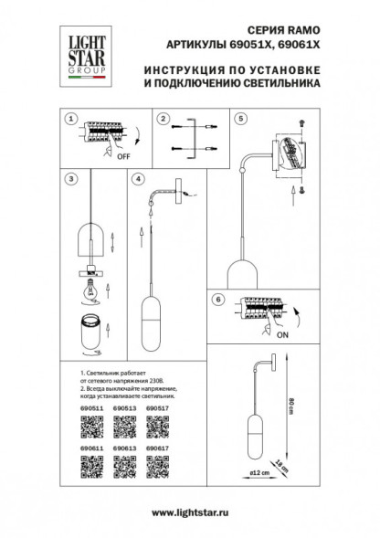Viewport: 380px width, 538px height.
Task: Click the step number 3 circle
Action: click(x=69, y=179)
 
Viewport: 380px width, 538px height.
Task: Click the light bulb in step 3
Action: click(x=92, y=284)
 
